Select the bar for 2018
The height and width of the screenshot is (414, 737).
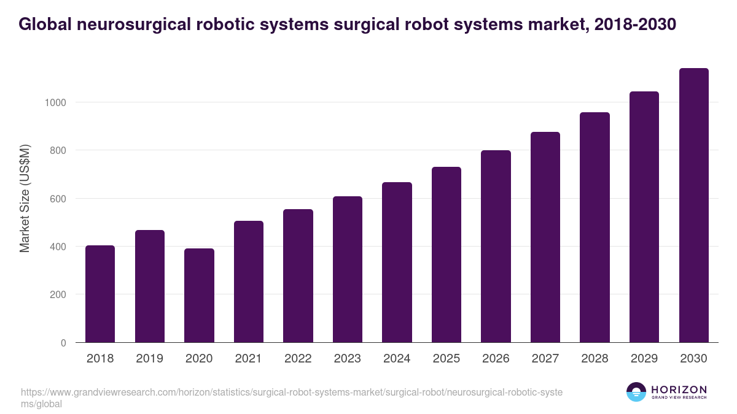100,294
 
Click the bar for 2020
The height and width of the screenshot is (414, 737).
199,296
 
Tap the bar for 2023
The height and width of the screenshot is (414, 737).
347,270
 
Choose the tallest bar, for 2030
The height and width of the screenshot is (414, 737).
693,205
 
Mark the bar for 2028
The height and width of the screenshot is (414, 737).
595,228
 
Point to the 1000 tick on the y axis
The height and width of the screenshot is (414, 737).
55,102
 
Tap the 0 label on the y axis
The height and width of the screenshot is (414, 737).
63,343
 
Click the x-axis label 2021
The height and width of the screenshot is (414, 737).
248,359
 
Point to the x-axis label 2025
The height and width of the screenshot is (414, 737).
446,359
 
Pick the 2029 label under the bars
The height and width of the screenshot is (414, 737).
644,359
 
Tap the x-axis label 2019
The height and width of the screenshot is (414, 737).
149,359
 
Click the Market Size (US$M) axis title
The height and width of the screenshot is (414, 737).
25,198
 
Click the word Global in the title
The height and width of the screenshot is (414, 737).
45,24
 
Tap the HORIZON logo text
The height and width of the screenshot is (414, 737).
679,389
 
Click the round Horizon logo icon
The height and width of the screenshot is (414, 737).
636,392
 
